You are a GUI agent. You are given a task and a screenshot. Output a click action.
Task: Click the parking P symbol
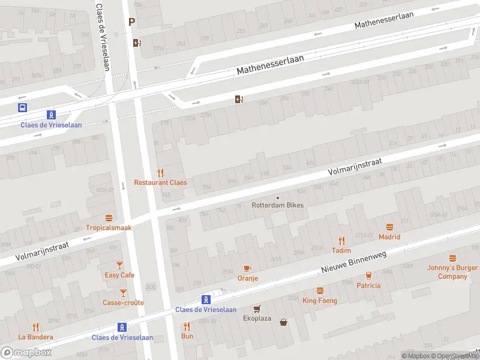click(x=131, y=22)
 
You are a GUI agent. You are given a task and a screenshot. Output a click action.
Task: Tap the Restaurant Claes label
click(x=160, y=182)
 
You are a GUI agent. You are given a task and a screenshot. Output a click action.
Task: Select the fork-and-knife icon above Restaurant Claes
click(x=160, y=173)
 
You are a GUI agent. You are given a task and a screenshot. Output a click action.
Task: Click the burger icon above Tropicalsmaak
click(x=109, y=218)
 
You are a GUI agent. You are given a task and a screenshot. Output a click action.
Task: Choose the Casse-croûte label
click(x=123, y=302)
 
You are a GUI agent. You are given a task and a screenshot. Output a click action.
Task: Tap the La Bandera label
click(x=35, y=337)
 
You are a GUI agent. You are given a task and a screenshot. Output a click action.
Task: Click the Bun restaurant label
click(x=187, y=336)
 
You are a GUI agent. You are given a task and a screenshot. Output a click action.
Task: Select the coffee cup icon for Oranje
click(x=247, y=268)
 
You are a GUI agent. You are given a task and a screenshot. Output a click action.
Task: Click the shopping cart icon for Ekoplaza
click(x=257, y=308)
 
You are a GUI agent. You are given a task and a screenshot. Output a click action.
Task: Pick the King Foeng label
click(x=320, y=301)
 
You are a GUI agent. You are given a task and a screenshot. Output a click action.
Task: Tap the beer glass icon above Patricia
click(x=368, y=275)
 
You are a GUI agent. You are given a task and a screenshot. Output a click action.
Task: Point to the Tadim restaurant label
click(x=341, y=250)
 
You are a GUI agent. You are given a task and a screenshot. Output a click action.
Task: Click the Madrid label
click(x=389, y=236)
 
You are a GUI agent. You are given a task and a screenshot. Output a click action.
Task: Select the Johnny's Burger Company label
click(x=452, y=272)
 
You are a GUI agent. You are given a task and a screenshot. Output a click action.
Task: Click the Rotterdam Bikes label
click(x=277, y=205)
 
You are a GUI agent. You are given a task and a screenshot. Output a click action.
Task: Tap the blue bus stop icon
click(x=22, y=107)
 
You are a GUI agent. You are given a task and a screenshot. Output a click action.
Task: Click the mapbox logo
click(x=26, y=352)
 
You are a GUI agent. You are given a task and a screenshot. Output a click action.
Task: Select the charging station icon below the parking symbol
click(x=137, y=43)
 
